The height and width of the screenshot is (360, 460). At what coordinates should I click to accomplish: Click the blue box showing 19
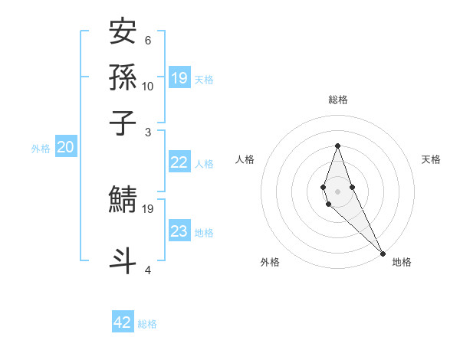coord(179,77)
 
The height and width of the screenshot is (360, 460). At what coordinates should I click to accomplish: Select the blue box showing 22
coord(179,162)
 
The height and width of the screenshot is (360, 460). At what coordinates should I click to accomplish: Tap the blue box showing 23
coord(179,231)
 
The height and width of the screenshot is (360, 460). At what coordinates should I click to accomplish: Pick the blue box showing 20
coord(65,148)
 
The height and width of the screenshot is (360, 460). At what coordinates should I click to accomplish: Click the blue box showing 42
coord(123,322)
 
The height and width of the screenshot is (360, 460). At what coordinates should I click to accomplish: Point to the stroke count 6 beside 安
coord(147,41)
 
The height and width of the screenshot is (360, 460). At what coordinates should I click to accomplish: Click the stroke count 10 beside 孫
coord(148,86)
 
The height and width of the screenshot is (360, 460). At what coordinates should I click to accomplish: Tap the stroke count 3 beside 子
coord(147,132)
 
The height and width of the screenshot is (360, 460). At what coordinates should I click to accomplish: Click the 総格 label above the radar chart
coord(337,100)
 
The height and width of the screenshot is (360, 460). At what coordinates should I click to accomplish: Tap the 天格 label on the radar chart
coord(431,159)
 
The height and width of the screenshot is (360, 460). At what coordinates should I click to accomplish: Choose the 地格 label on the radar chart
coord(402,262)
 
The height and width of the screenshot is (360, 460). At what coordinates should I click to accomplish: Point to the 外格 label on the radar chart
coord(270,262)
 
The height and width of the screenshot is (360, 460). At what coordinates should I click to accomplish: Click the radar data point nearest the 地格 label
coord(383,252)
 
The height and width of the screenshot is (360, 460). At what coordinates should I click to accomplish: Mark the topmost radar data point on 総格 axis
coord(337,146)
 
